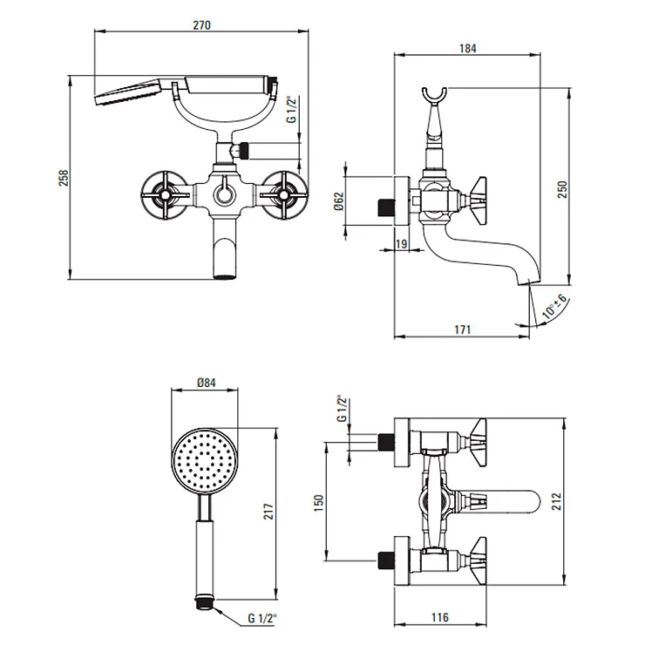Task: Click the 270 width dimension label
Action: [x=201, y=25]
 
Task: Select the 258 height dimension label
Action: [x=64, y=178]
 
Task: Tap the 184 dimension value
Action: [x=468, y=49]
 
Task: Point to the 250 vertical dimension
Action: [x=562, y=189]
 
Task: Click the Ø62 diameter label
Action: [x=339, y=201]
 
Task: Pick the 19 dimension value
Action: [x=401, y=243]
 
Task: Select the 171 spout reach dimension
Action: [x=462, y=329]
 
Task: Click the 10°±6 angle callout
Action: [x=554, y=307]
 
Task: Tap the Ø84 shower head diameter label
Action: [x=206, y=383]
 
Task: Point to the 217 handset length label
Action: [x=268, y=512]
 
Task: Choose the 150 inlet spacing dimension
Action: [x=319, y=503]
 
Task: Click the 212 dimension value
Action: [x=556, y=501]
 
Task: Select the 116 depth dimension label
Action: [x=440, y=617]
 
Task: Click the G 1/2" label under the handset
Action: [x=262, y=618]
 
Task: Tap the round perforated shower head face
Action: [x=205, y=458]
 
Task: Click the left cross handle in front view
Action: [x=165, y=194]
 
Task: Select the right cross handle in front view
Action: [x=284, y=194]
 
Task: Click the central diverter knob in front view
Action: [x=225, y=193]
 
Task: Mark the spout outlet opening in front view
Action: [x=225, y=276]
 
